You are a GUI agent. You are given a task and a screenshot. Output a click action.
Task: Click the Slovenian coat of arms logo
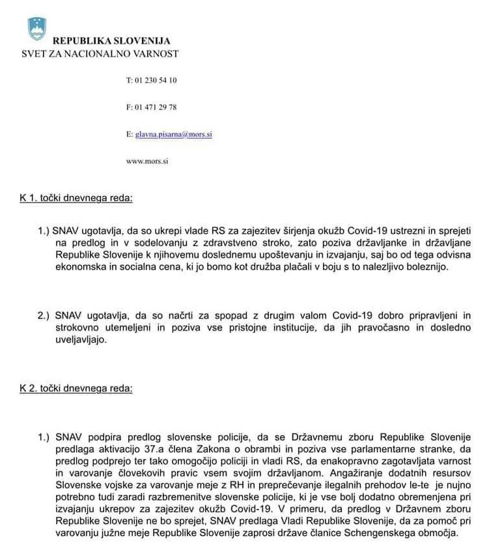point(37,29)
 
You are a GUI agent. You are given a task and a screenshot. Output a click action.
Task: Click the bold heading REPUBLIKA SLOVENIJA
point(111,41)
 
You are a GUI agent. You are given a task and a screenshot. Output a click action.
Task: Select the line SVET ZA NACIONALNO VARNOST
point(100,53)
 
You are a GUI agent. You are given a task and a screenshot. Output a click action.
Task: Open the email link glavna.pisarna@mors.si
point(174,134)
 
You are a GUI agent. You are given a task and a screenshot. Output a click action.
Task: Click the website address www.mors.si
point(146,161)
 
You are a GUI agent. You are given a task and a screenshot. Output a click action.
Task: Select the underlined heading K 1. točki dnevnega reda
point(76,197)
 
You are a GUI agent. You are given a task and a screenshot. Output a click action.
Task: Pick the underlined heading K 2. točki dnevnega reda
point(76,389)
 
